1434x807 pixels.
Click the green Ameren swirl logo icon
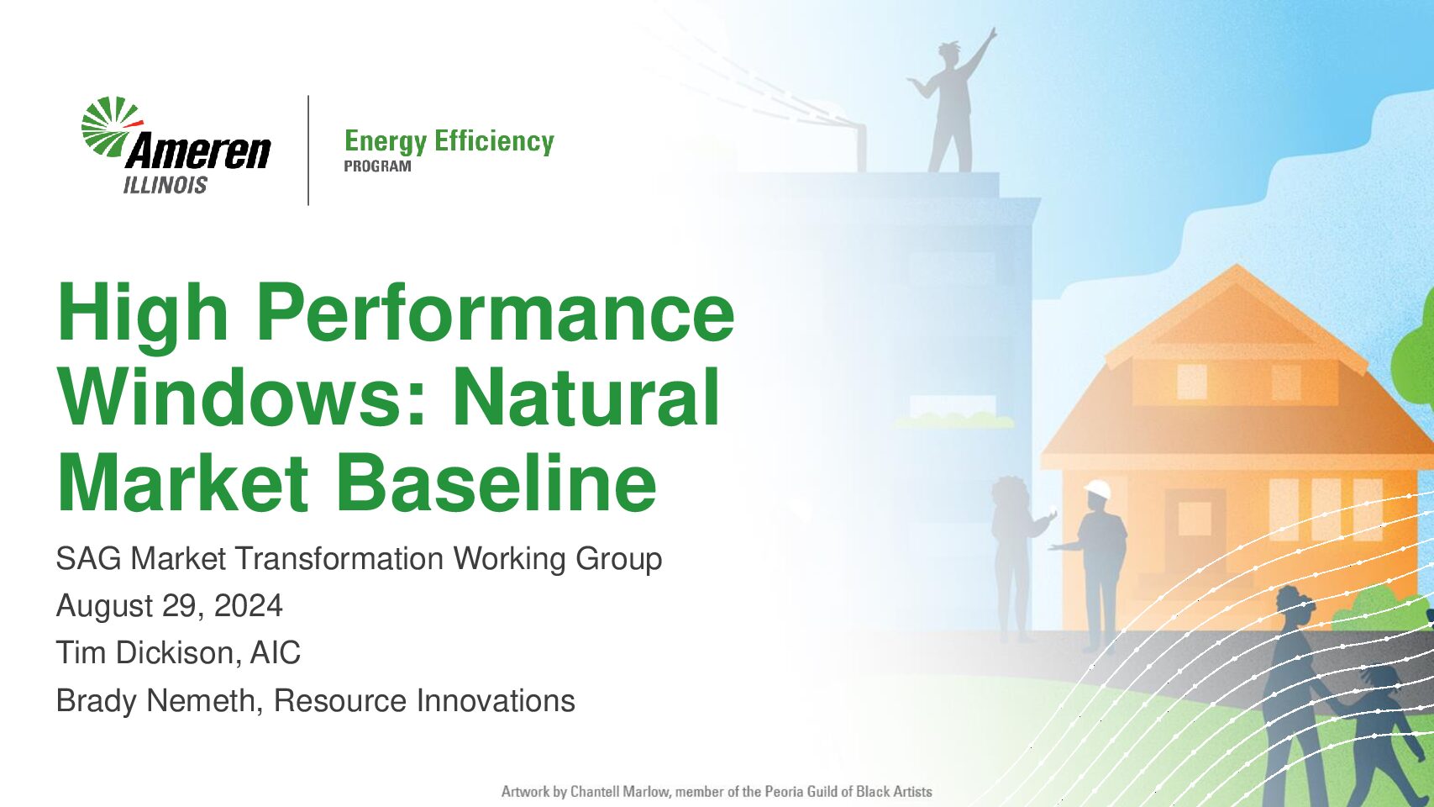pos(110,126)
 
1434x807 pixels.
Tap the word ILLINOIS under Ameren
pos(165,185)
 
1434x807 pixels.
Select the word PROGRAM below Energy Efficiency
pos(377,166)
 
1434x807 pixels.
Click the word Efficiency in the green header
pos(494,141)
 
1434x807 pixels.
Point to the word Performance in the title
pos(495,314)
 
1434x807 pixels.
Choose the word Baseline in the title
pos(496,483)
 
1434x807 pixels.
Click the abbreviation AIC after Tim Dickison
pos(276,652)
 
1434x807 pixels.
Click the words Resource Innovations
pos(424,700)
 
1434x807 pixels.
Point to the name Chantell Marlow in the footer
pos(620,792)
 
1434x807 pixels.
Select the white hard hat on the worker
pos(1097,488)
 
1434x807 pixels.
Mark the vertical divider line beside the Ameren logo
pos(308,150)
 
